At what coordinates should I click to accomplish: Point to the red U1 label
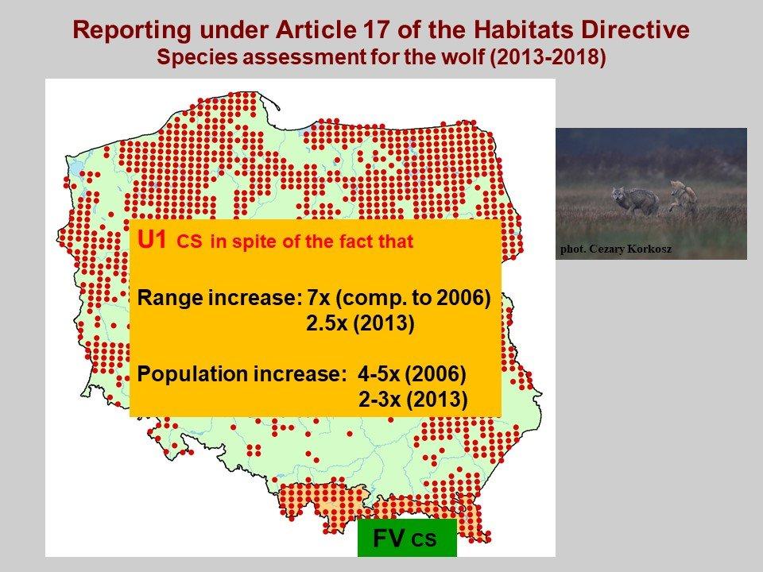153,240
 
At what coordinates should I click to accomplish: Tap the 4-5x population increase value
378,373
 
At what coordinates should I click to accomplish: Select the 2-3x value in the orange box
380,399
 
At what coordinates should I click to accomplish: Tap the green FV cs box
407,538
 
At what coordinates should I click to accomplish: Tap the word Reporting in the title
132,31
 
